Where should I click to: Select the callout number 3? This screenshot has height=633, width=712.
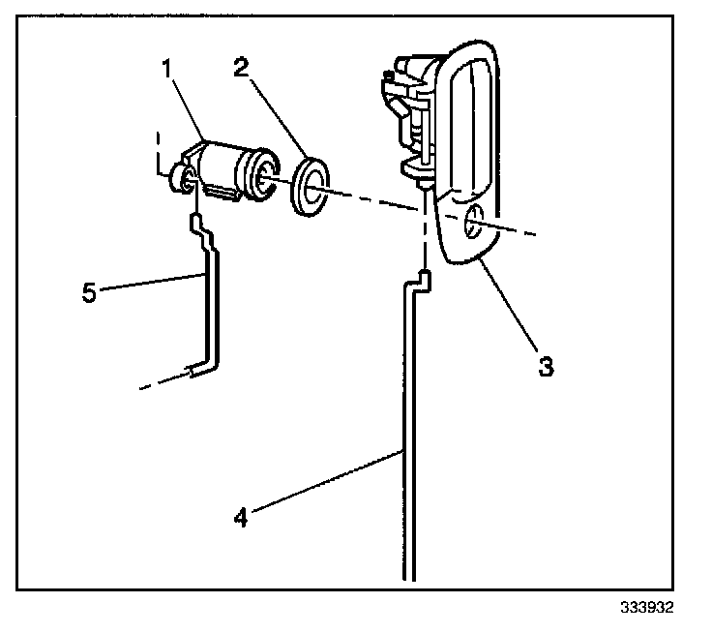tap(546, 366)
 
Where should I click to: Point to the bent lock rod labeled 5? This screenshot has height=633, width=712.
tap(212, 300)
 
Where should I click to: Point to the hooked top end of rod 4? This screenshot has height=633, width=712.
tap(418, 280)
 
